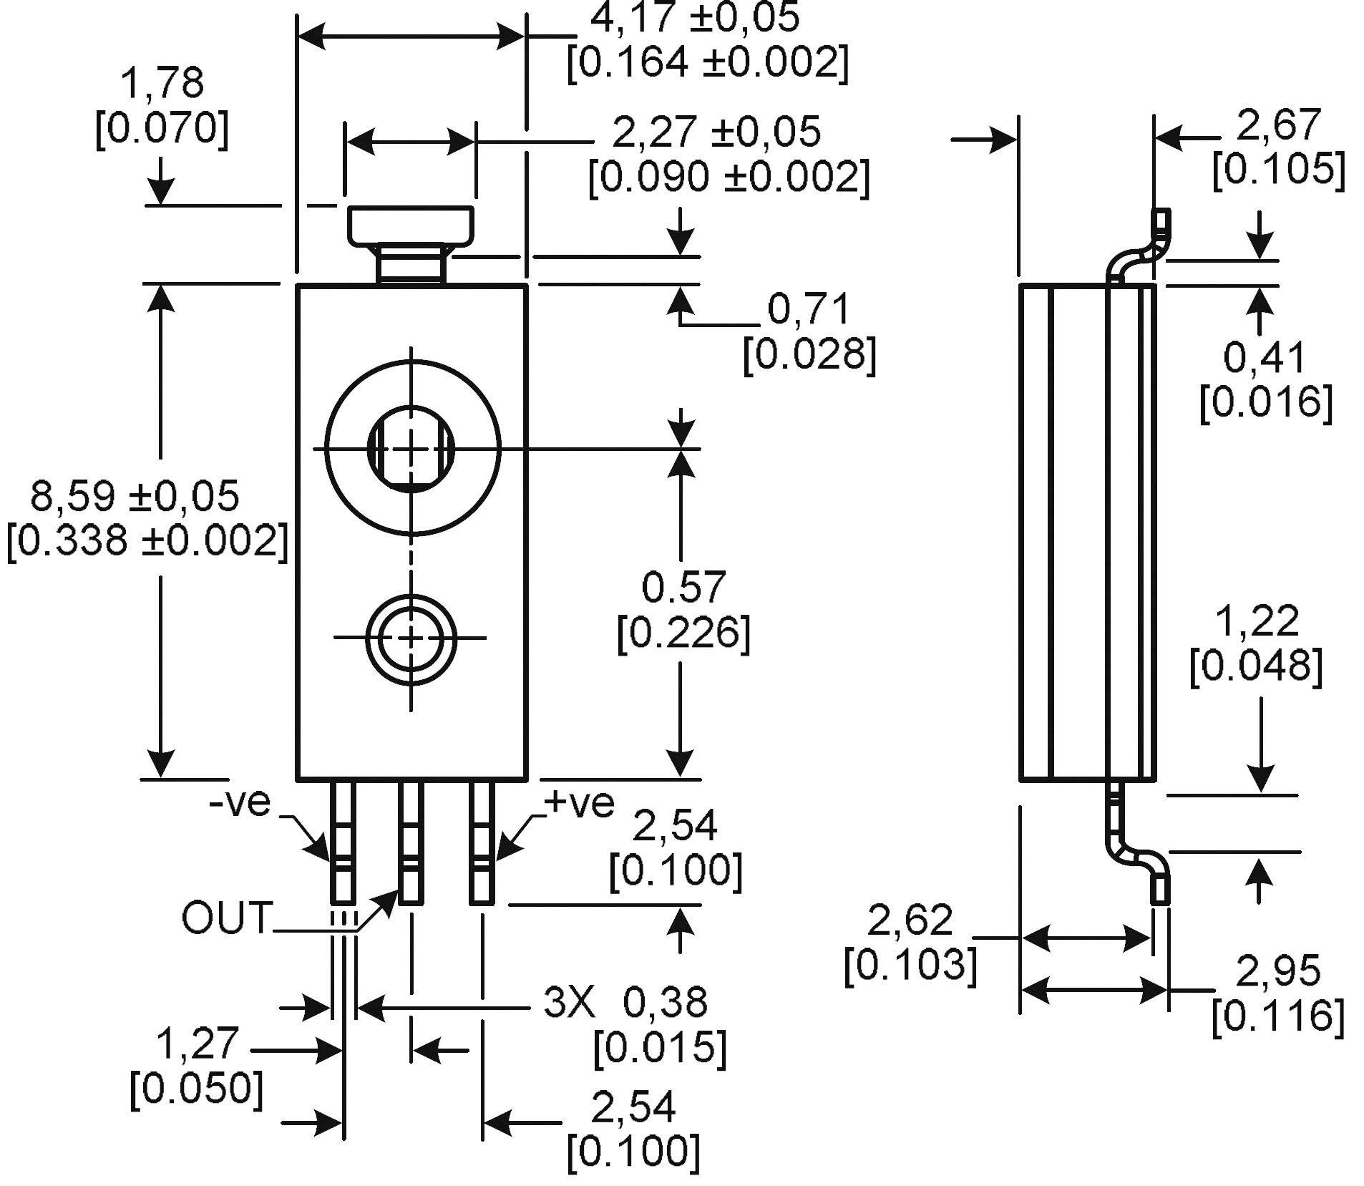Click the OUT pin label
click(x=226, y=918)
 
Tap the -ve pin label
click(x=240, y=802)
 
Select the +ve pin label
click(x=580, y=803)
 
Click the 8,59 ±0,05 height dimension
click(x=135, y=497)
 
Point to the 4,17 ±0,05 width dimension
click(x=693, y=17)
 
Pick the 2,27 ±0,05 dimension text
click(x=716, y=132)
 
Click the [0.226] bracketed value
click(x=683, y=633)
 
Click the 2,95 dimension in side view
click(x=1278, y=971)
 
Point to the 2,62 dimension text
click(x=910, y=920)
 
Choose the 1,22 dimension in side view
click(x=1257, y=621)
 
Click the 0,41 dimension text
click(x=1265, y=357)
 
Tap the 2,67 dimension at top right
click(x=1278, y=125)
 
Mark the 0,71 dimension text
click(x=809, y=310)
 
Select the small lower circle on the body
click(x=410, y=637)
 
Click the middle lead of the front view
click(x=410, y=842)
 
